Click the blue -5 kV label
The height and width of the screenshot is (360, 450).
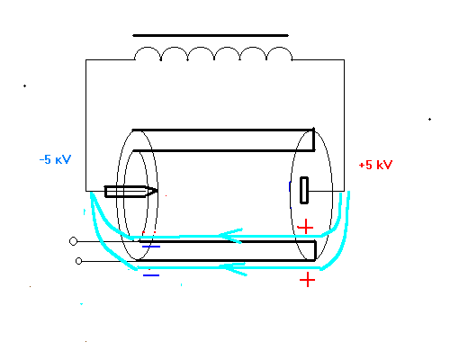click(x=55, y=159)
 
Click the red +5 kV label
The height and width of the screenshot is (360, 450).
click(x=375, y=165)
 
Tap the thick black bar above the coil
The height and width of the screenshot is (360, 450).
click(x=211, y=35)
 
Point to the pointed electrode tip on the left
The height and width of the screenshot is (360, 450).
click(x=157, y=191)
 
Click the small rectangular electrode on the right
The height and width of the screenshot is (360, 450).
click(x=304, y=191)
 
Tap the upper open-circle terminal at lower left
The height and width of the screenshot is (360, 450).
click(x=73, y=241)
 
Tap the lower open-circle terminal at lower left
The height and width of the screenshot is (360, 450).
click(x=78, y=261)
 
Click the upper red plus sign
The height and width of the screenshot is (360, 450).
click(x=305, y=227)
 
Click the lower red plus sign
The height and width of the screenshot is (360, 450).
click(x=307, y=280)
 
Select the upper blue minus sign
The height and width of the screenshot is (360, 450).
click(x=151, y=247)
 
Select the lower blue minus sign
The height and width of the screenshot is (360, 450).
click(x=151, y=275)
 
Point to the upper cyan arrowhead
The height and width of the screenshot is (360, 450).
click(x=230, y=236)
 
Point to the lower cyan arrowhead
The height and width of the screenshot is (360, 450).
click(x=233, y=268)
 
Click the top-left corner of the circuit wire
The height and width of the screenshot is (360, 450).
click(x=85, y=60)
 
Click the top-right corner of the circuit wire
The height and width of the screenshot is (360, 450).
click(x=344, y=60)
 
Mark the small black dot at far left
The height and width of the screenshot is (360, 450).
click(x=24, y=86)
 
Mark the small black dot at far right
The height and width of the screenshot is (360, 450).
click(x=429, y=119)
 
